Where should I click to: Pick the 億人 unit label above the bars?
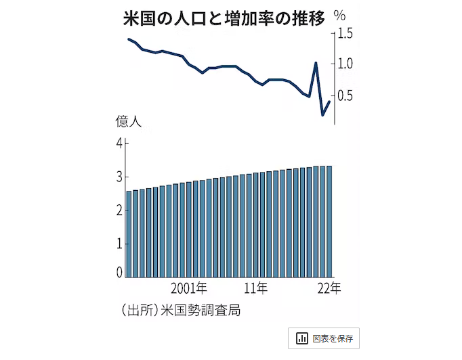(127, 122)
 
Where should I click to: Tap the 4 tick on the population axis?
(119, 143)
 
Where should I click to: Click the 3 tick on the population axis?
(119, 176)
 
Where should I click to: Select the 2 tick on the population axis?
(119, 209)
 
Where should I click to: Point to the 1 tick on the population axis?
(119, 242)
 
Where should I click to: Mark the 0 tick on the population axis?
(119, 273)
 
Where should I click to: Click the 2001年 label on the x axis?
(189, 288)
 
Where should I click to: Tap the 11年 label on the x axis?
(256, 288)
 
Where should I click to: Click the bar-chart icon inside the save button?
(302, 338)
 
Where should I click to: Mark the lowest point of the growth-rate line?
(322, 115)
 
